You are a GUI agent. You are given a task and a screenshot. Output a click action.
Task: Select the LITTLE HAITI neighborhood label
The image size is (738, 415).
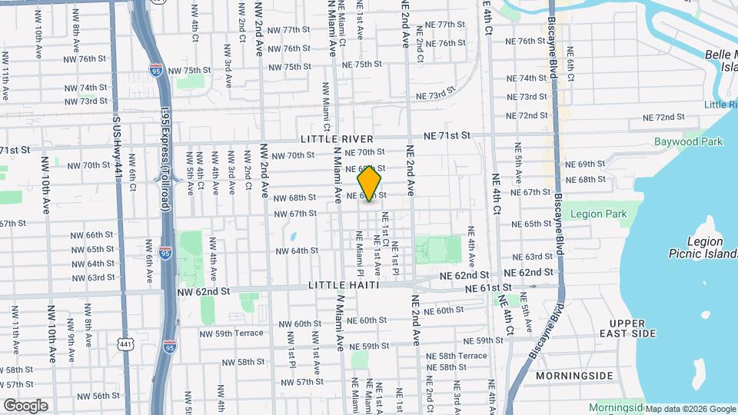[343, 285]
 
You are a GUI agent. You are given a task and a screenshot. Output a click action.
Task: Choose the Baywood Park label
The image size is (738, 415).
[689, 141]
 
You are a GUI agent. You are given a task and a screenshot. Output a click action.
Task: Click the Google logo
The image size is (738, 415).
[25, 406]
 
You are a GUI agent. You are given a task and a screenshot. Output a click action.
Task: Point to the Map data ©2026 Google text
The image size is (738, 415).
[690, 409]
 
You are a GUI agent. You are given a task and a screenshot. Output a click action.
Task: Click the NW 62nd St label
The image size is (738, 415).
[203, 292]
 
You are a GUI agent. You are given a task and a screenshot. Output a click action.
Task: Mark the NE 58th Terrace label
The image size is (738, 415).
[462, 356]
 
